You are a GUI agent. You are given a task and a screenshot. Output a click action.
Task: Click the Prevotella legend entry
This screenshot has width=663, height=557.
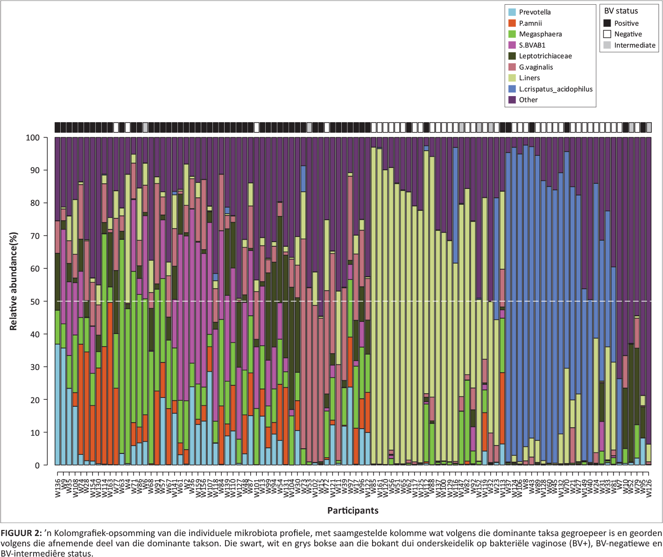pos(535,12)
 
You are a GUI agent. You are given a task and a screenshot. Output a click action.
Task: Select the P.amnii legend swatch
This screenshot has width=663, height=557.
pos(512,23)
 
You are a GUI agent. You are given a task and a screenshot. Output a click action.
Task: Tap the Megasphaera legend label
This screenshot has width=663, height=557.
pos(540,34)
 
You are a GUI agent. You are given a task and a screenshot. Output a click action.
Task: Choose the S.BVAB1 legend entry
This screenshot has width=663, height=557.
pos(532,45)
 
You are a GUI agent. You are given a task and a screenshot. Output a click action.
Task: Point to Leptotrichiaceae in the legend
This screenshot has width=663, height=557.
pos(545,56)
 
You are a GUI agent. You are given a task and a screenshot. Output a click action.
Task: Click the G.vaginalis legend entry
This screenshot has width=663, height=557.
pos(536,67)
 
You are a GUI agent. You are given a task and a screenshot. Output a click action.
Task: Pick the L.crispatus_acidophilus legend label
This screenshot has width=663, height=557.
pos(556,89)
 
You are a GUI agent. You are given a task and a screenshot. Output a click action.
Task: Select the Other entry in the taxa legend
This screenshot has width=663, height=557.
pos(528,100)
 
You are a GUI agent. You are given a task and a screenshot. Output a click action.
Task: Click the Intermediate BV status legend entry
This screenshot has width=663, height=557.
pos(635,45)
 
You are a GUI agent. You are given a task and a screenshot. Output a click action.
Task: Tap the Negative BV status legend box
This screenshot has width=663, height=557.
pos(607,34)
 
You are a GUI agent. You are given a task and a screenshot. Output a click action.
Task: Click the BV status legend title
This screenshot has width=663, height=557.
pos(621,11)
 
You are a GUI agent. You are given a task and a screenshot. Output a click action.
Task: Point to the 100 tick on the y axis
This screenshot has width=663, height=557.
pos(33,138)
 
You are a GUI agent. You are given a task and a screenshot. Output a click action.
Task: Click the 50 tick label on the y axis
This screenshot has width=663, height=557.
pos(35,301)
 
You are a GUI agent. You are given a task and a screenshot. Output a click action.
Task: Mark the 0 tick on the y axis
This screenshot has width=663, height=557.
pos(37,466)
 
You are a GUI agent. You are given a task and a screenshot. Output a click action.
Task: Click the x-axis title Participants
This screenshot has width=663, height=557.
pos(353,510)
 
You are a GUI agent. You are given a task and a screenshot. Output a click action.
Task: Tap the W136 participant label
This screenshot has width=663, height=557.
pos(58,488)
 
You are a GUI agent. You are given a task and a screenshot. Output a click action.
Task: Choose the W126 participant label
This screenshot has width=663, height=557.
pos(649,488)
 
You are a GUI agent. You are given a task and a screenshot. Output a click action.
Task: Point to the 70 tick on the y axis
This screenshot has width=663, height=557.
pos(35,236)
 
